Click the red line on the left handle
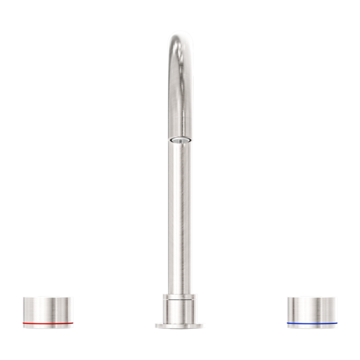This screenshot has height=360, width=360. pos(48,324)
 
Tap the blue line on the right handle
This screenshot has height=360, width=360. pos(311,324)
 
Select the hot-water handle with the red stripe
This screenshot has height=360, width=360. pos(48,311)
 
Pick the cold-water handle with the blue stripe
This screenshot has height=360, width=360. pos(311,311)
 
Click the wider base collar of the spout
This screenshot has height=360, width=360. pos(179,310)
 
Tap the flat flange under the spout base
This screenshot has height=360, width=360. pos(179,326)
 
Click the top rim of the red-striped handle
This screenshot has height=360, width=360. pos(48,296)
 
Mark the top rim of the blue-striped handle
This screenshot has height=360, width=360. pos(311,296)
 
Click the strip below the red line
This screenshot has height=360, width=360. pos(48,327)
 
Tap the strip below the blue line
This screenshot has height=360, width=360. pos(311,327)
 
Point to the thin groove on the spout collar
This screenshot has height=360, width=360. pos(179,298)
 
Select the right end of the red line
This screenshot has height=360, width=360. pos(73,324)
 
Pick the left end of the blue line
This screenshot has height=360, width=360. pos(287,324)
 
